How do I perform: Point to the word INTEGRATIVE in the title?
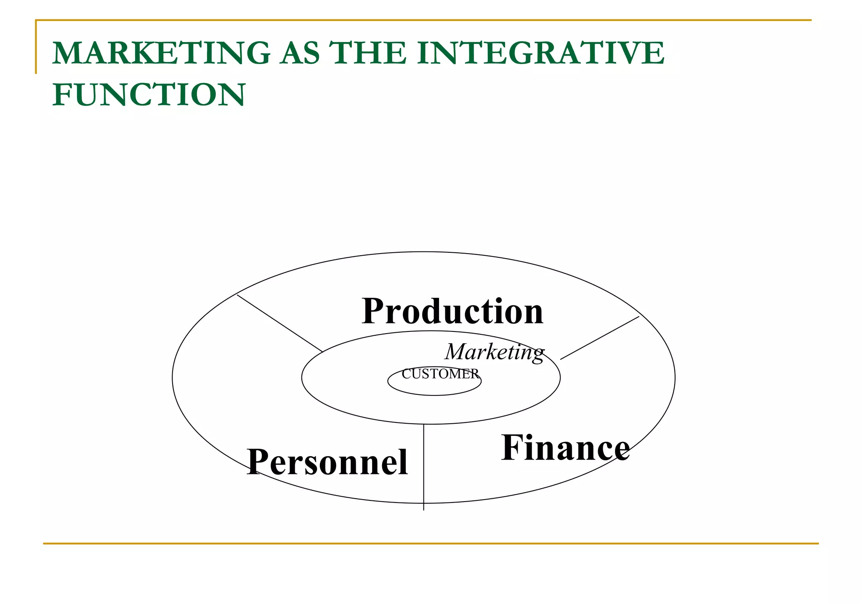[x=540, y=53]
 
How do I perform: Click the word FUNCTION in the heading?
[x=149, y=95]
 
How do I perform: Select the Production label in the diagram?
[x=452, y=312]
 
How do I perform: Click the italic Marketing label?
[x=495, y=352]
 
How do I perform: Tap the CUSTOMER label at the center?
[x=440, y=374]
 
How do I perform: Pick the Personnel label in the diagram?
[x=327, y=462]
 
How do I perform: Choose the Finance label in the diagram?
[x=565, y=448]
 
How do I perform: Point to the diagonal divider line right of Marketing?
[x=600, y=338]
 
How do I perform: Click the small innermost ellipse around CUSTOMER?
[x=434, y=395]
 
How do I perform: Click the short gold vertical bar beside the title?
[x=36, y=47]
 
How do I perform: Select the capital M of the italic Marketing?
[x=455, y=352]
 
